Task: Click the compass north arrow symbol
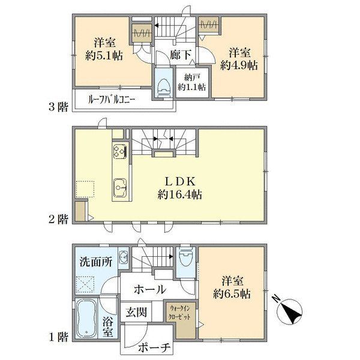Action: tap(290, 311)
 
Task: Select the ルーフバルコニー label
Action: tap(112, 100)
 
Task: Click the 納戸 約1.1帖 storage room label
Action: tap(192, 82)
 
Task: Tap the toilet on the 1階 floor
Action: tap(186, 257)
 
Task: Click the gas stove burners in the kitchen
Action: tap(120, 151)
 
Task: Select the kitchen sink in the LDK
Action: tap(120, 188)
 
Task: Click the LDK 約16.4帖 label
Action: tap(180, 188)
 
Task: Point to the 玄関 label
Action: tap(136, 312)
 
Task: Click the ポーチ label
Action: tap(154, 347)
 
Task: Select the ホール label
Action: tap(150, 290)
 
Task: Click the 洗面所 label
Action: tap(96, 262)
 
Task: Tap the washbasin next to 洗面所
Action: tap(124, 258)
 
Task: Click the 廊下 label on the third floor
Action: tap(181, 55)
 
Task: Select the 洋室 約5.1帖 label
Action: tap(104, 49)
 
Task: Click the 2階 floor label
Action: tap(59, 219)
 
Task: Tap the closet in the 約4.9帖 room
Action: tap(208, 25)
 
